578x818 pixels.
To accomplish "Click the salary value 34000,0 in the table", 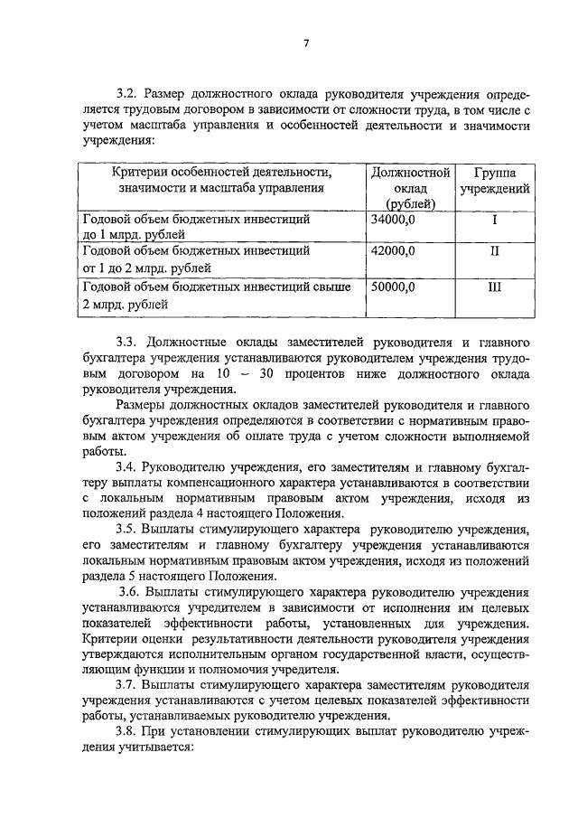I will click(x=393, y=220).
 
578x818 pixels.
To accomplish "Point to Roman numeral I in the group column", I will click(x=494, y=220).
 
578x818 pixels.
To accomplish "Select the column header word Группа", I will click(x=494, y=171).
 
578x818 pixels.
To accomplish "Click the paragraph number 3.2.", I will click(x=126, y=92).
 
